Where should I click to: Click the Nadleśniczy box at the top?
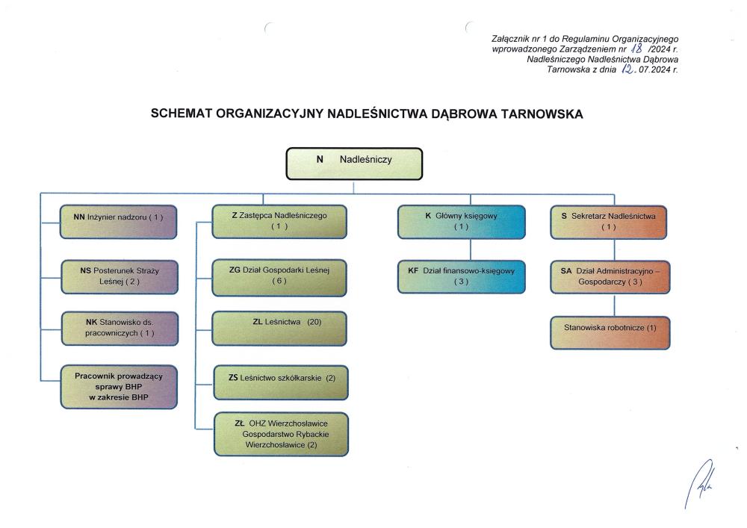(x=355, y=164)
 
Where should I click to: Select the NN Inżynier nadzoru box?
(x=120, y=221)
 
